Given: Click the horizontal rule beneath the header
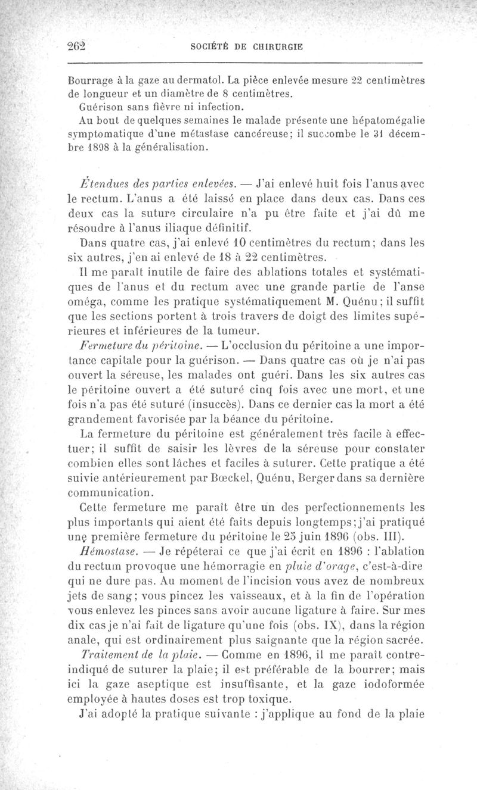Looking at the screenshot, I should click(244, 63).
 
